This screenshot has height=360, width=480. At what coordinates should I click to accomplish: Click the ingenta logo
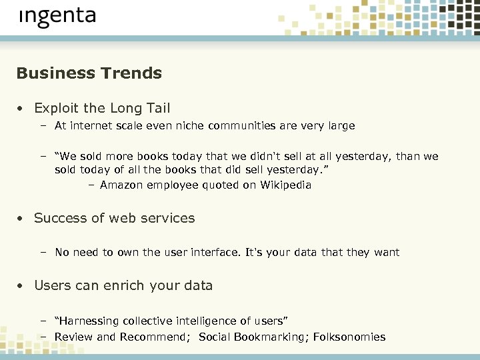click(x=57, y=17)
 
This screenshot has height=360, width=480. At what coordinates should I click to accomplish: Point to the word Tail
click(x=157, y=108)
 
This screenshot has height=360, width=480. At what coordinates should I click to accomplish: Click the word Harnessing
click(x=89, y=321)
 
